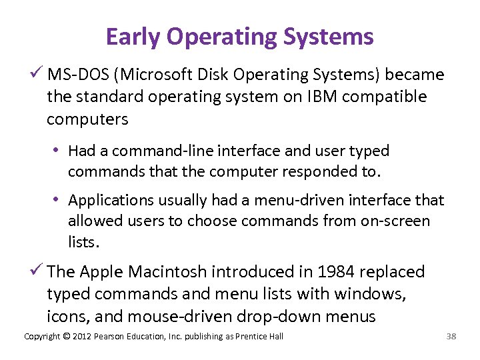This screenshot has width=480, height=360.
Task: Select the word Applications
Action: tap(107, 200)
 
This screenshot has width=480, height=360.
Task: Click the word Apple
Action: tap(101, 272)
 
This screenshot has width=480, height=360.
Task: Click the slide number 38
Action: tap(451, 336)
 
